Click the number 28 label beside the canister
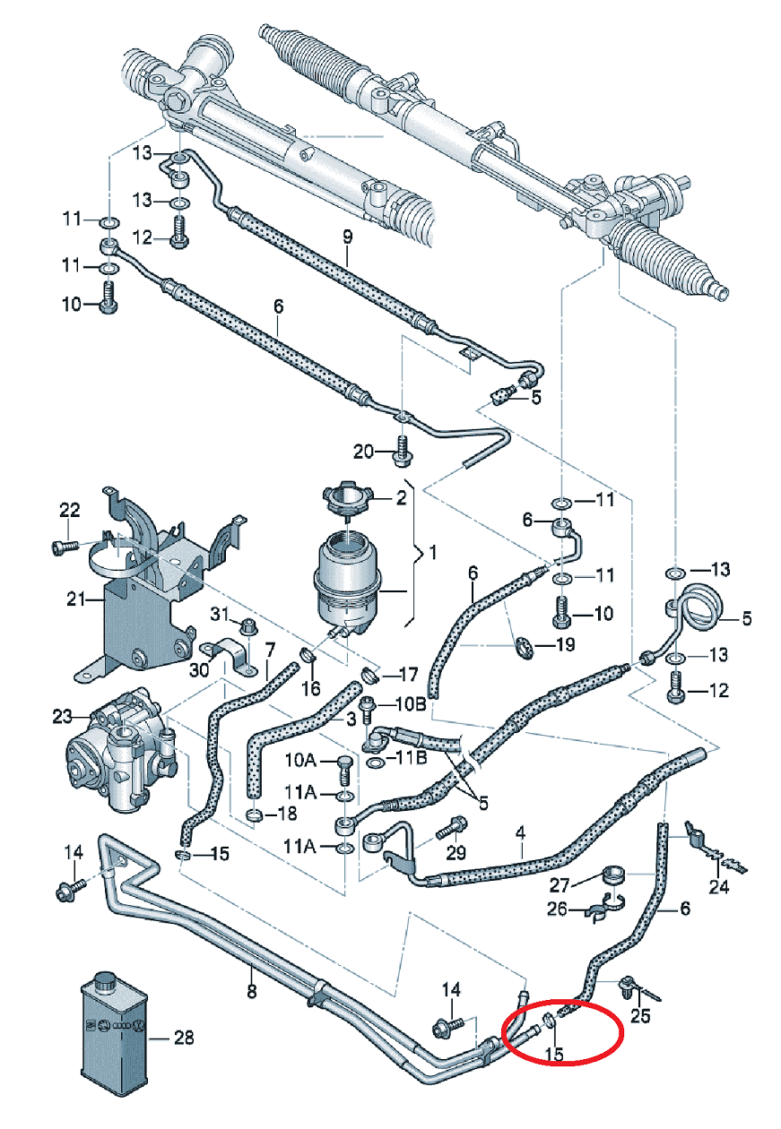183,1039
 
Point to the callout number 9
347,237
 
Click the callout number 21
74,598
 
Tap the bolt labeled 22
65,546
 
